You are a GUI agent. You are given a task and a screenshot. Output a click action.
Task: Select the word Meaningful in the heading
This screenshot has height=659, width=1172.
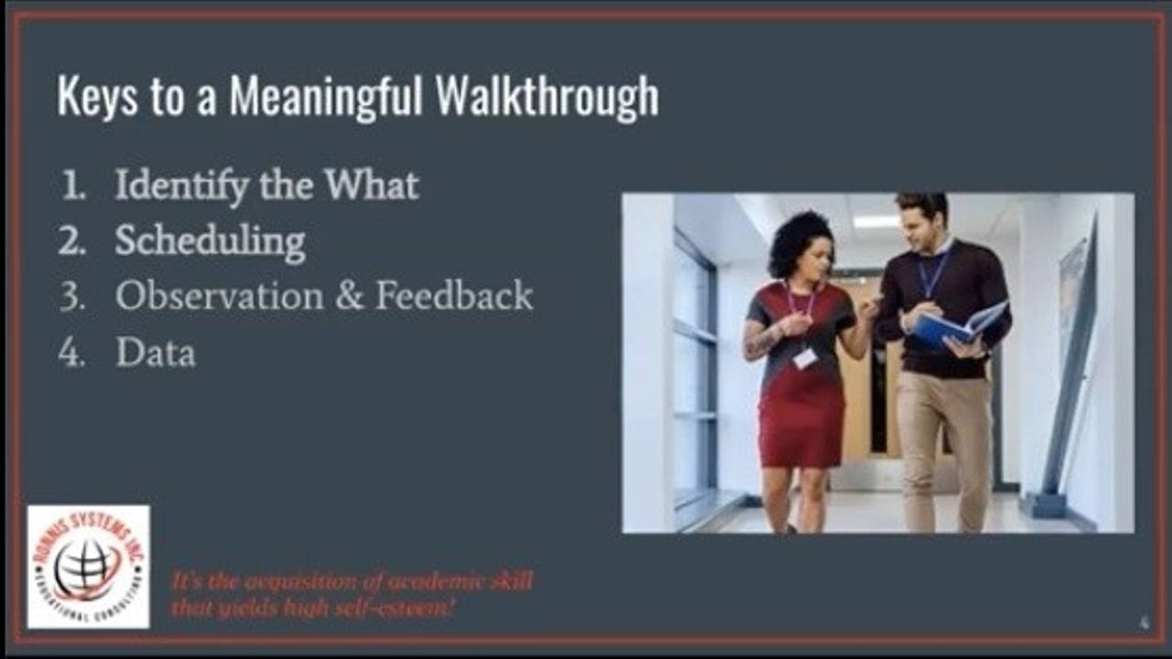326,97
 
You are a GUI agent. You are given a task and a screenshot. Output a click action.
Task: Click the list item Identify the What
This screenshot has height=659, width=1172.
266,186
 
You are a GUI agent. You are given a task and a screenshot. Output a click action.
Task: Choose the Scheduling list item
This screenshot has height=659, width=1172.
210,241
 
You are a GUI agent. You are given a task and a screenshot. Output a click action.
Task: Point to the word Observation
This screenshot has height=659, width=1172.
219,296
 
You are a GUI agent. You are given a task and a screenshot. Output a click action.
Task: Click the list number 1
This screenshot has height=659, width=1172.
71,187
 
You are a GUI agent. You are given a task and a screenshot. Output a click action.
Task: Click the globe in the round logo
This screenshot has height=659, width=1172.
85,567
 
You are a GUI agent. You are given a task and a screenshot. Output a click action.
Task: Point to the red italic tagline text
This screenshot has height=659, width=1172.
352,593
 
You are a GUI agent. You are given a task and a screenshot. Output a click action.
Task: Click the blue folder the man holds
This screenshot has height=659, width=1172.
957,326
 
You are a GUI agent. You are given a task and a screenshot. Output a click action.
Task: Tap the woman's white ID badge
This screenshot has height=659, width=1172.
804,358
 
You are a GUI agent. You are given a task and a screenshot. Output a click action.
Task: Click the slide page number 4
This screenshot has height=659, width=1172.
1144,623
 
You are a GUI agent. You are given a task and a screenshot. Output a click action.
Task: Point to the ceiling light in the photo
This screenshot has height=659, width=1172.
875,221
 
